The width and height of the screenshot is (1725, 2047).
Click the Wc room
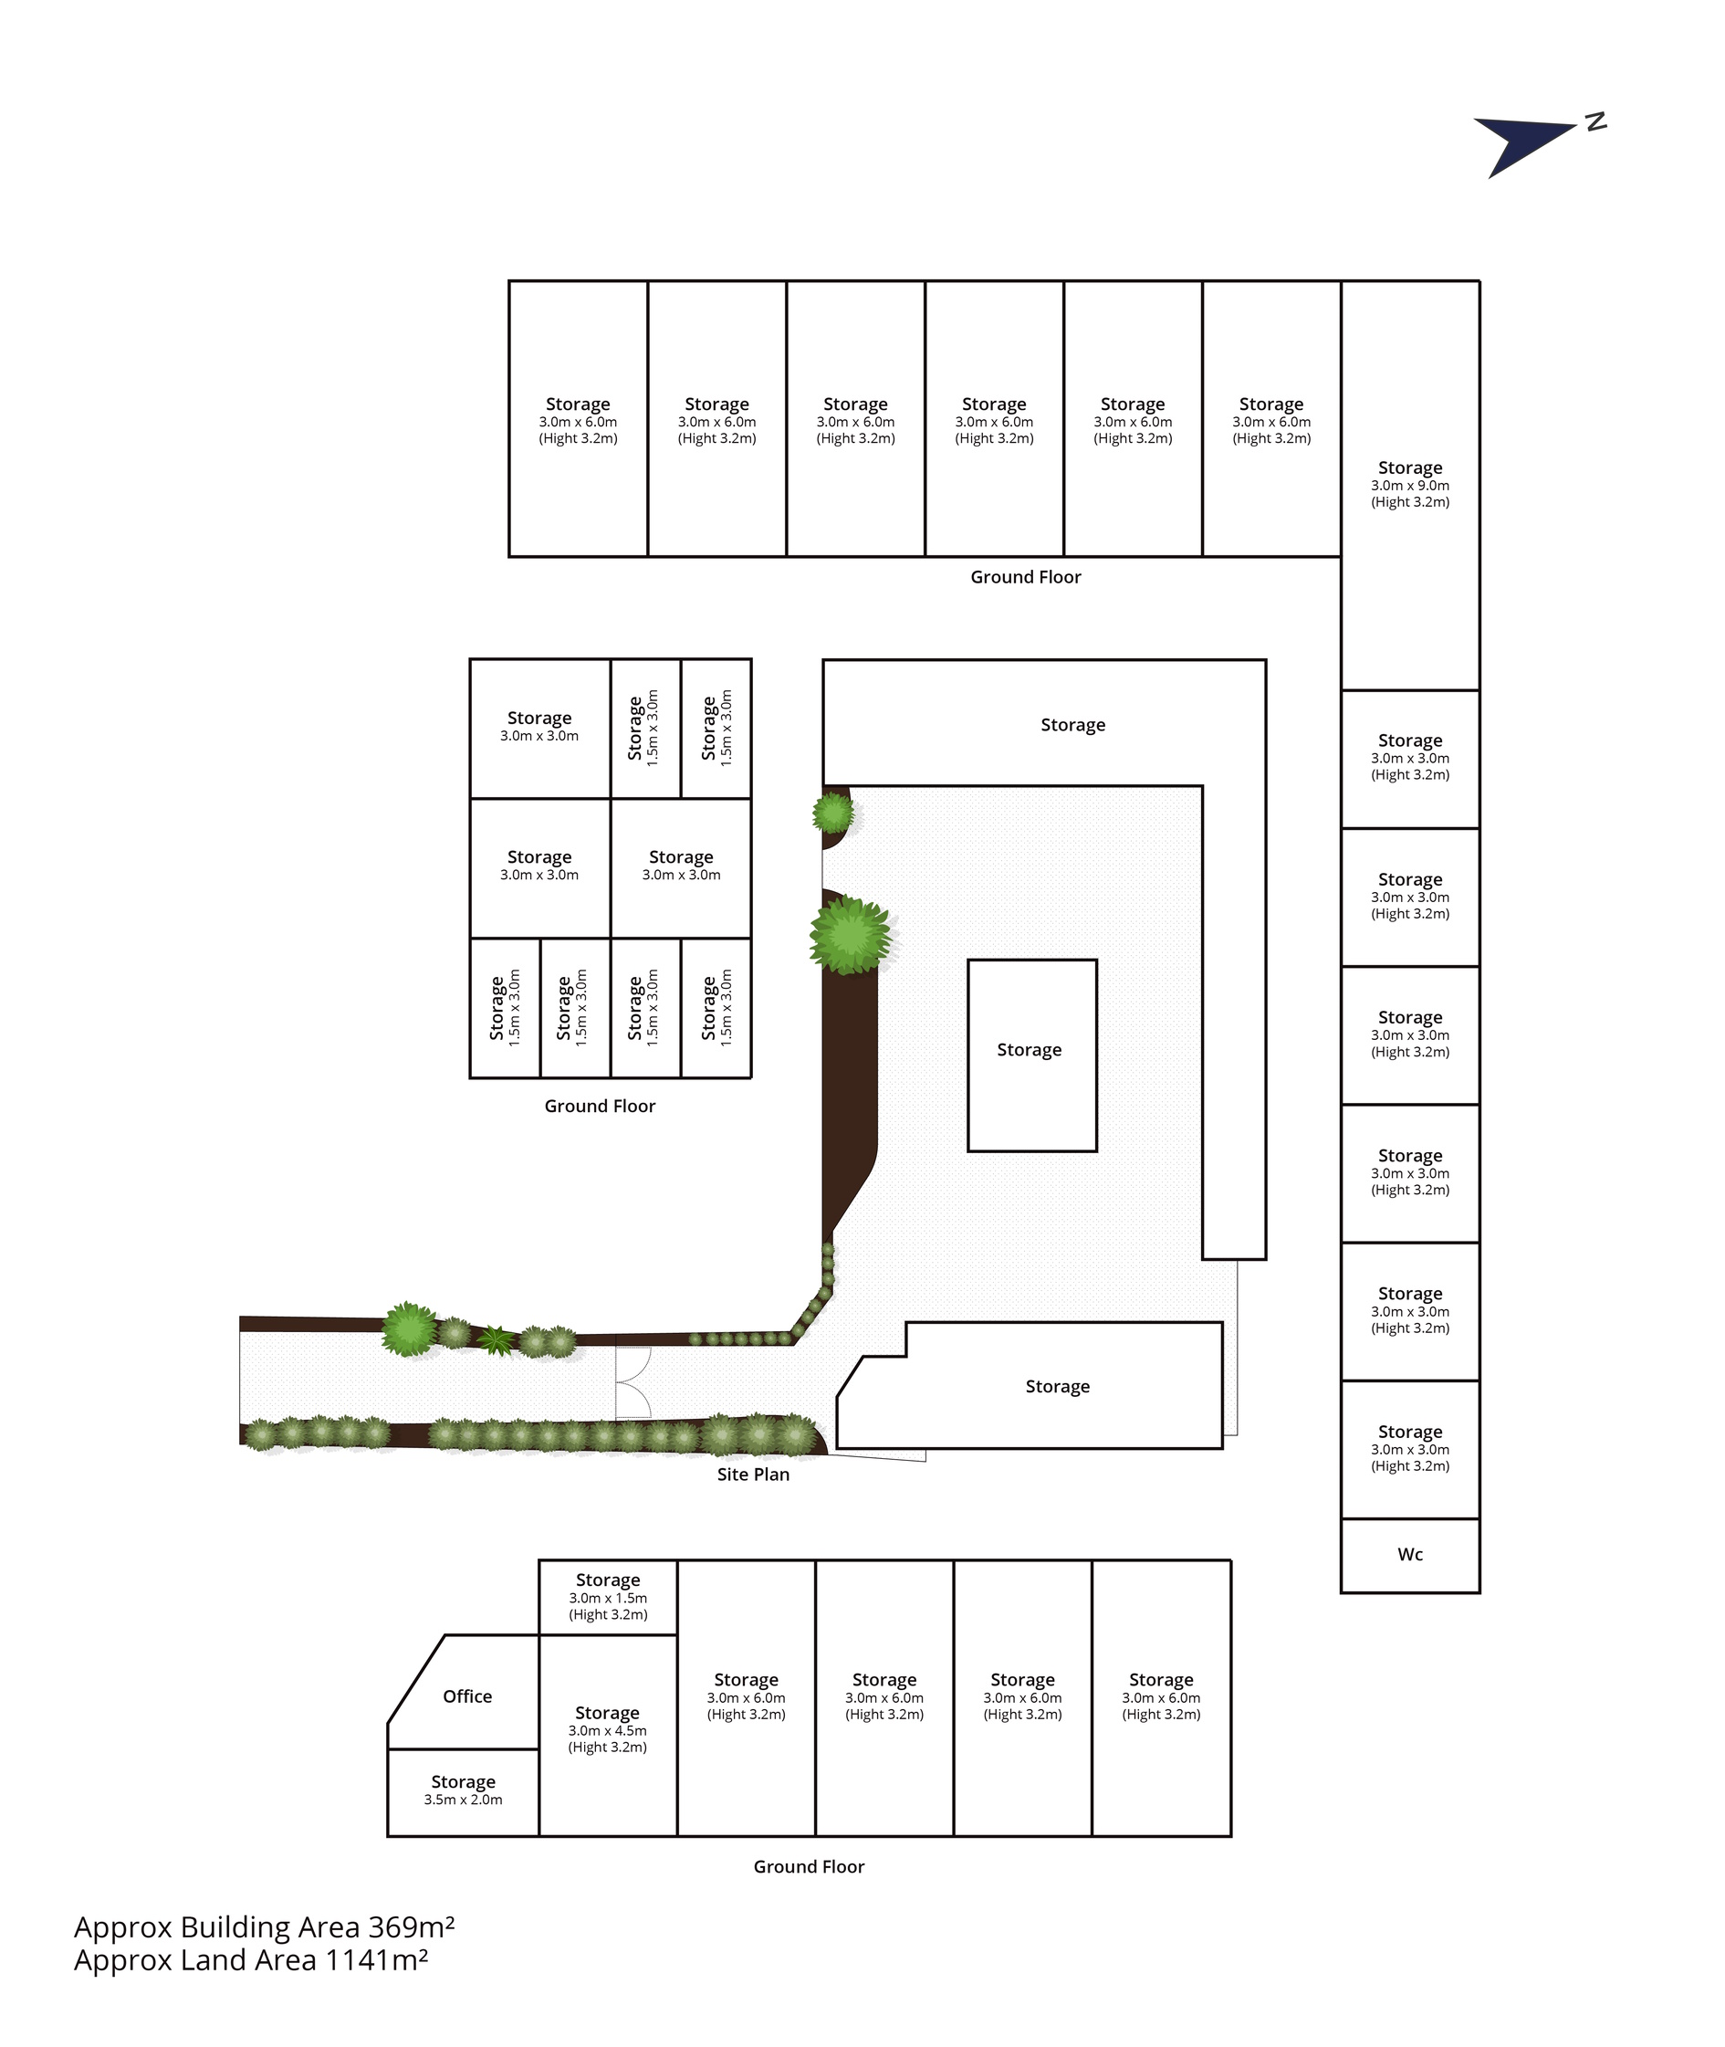click(x=1409, y=1555)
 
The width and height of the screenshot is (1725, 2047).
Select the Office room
click(x=467, y=1695)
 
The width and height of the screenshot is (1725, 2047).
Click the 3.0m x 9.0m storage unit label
click(x=1409, y=484)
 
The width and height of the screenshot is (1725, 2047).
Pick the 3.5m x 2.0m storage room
click(x=464, y=1791)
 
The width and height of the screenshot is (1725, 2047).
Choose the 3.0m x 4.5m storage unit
click(x=608, y=1735)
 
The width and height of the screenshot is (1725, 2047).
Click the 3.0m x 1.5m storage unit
click(x=608, y=1597)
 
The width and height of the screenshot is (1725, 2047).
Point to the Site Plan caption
click(x=753, y=1474)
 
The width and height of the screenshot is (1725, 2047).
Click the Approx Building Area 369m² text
click(x=264, y=1926)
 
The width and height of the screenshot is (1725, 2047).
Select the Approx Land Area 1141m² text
click(x=251, y=1960)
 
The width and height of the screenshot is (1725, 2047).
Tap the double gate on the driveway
click(x=632, y=1383)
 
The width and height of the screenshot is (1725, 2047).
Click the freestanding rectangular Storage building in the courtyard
click(x=1031, y=1055)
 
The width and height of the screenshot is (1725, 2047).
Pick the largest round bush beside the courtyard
click(x=850, y=935)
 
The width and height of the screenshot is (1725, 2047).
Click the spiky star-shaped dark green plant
click(x=497, y=1340)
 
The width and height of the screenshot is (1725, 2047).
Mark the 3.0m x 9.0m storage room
click(x=1409, y=485)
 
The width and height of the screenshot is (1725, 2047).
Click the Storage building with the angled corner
click(x=1030, y=1386)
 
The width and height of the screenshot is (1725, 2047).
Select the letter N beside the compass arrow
click(x=1596, y=122)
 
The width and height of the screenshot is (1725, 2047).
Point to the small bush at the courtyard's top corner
click(x=833, y=813)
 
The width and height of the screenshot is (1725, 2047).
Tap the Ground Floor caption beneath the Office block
click(x=809, y=1866)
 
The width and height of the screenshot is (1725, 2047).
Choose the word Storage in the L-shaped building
click(x=1072, y=725)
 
